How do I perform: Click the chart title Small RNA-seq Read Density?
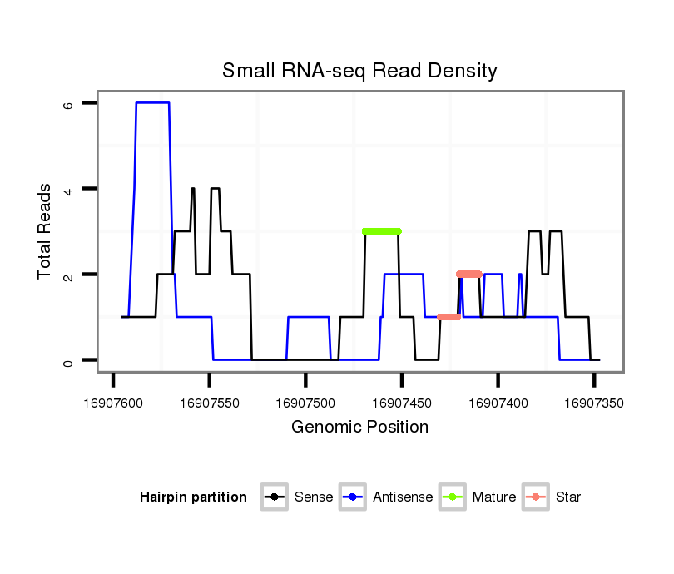359,71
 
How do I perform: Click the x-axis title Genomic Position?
359,428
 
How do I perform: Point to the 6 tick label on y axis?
68,103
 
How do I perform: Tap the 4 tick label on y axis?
68,189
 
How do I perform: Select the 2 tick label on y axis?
68,275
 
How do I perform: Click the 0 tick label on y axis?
68,360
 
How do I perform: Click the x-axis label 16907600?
113,403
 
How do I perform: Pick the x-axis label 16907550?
209,403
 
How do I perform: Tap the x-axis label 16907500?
305,403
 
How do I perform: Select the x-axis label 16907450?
401,403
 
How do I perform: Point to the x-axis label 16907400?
498,403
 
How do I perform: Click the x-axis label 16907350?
593,403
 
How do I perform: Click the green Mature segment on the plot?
382,231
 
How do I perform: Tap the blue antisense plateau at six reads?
153,102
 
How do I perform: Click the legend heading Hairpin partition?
193,497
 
